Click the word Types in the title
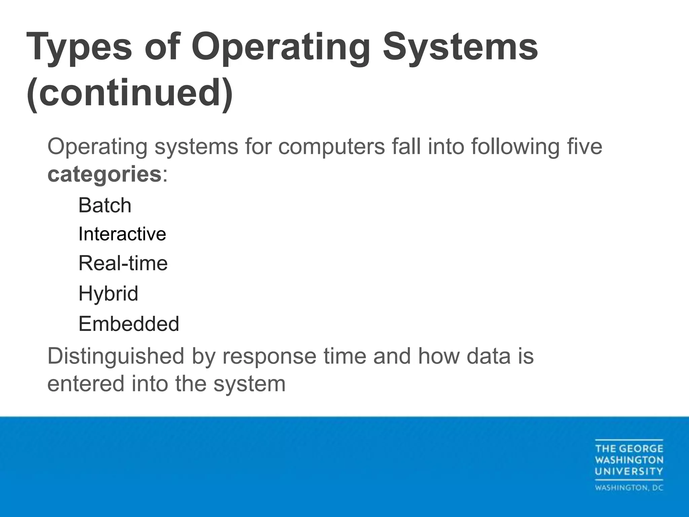(79, 47)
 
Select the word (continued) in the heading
(130, 93)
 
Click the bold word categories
(104, 174)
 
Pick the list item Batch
(105, 205)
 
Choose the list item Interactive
(122, 234)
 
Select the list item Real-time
(123, 263)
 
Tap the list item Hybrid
(108, 293)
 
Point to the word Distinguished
(116, 356)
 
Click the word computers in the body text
(331, 147)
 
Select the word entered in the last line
(86, 384)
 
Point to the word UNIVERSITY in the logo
(629, 471)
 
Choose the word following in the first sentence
(515, 147)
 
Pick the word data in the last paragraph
(488, 356)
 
